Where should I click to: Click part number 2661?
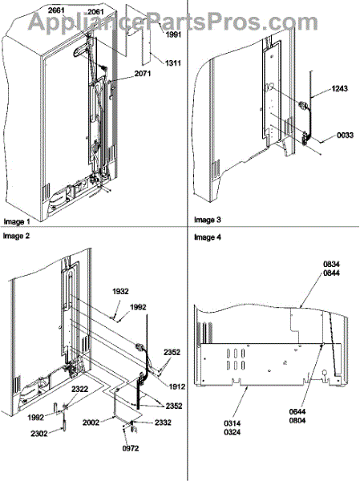point(56,10)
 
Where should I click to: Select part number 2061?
point(95,12)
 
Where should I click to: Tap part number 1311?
point(173,63)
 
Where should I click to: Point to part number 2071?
point(143,74)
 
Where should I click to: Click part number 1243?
point(340,89)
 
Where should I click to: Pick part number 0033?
point(346,135)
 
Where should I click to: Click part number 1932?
point(120,291)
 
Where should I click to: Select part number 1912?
point(176,387)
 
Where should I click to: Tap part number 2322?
point(80,390)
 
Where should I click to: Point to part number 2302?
point(39,434)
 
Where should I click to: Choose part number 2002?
point(91,422)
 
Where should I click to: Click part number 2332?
point(163,422)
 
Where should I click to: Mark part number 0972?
point(131,448)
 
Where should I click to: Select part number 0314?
point(233,423)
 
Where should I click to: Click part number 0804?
point(297,420)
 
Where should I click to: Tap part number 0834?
point(331,264)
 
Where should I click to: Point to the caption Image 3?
point(208,220)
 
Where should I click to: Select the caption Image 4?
point(208,237)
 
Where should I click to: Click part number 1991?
point(174,34)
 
